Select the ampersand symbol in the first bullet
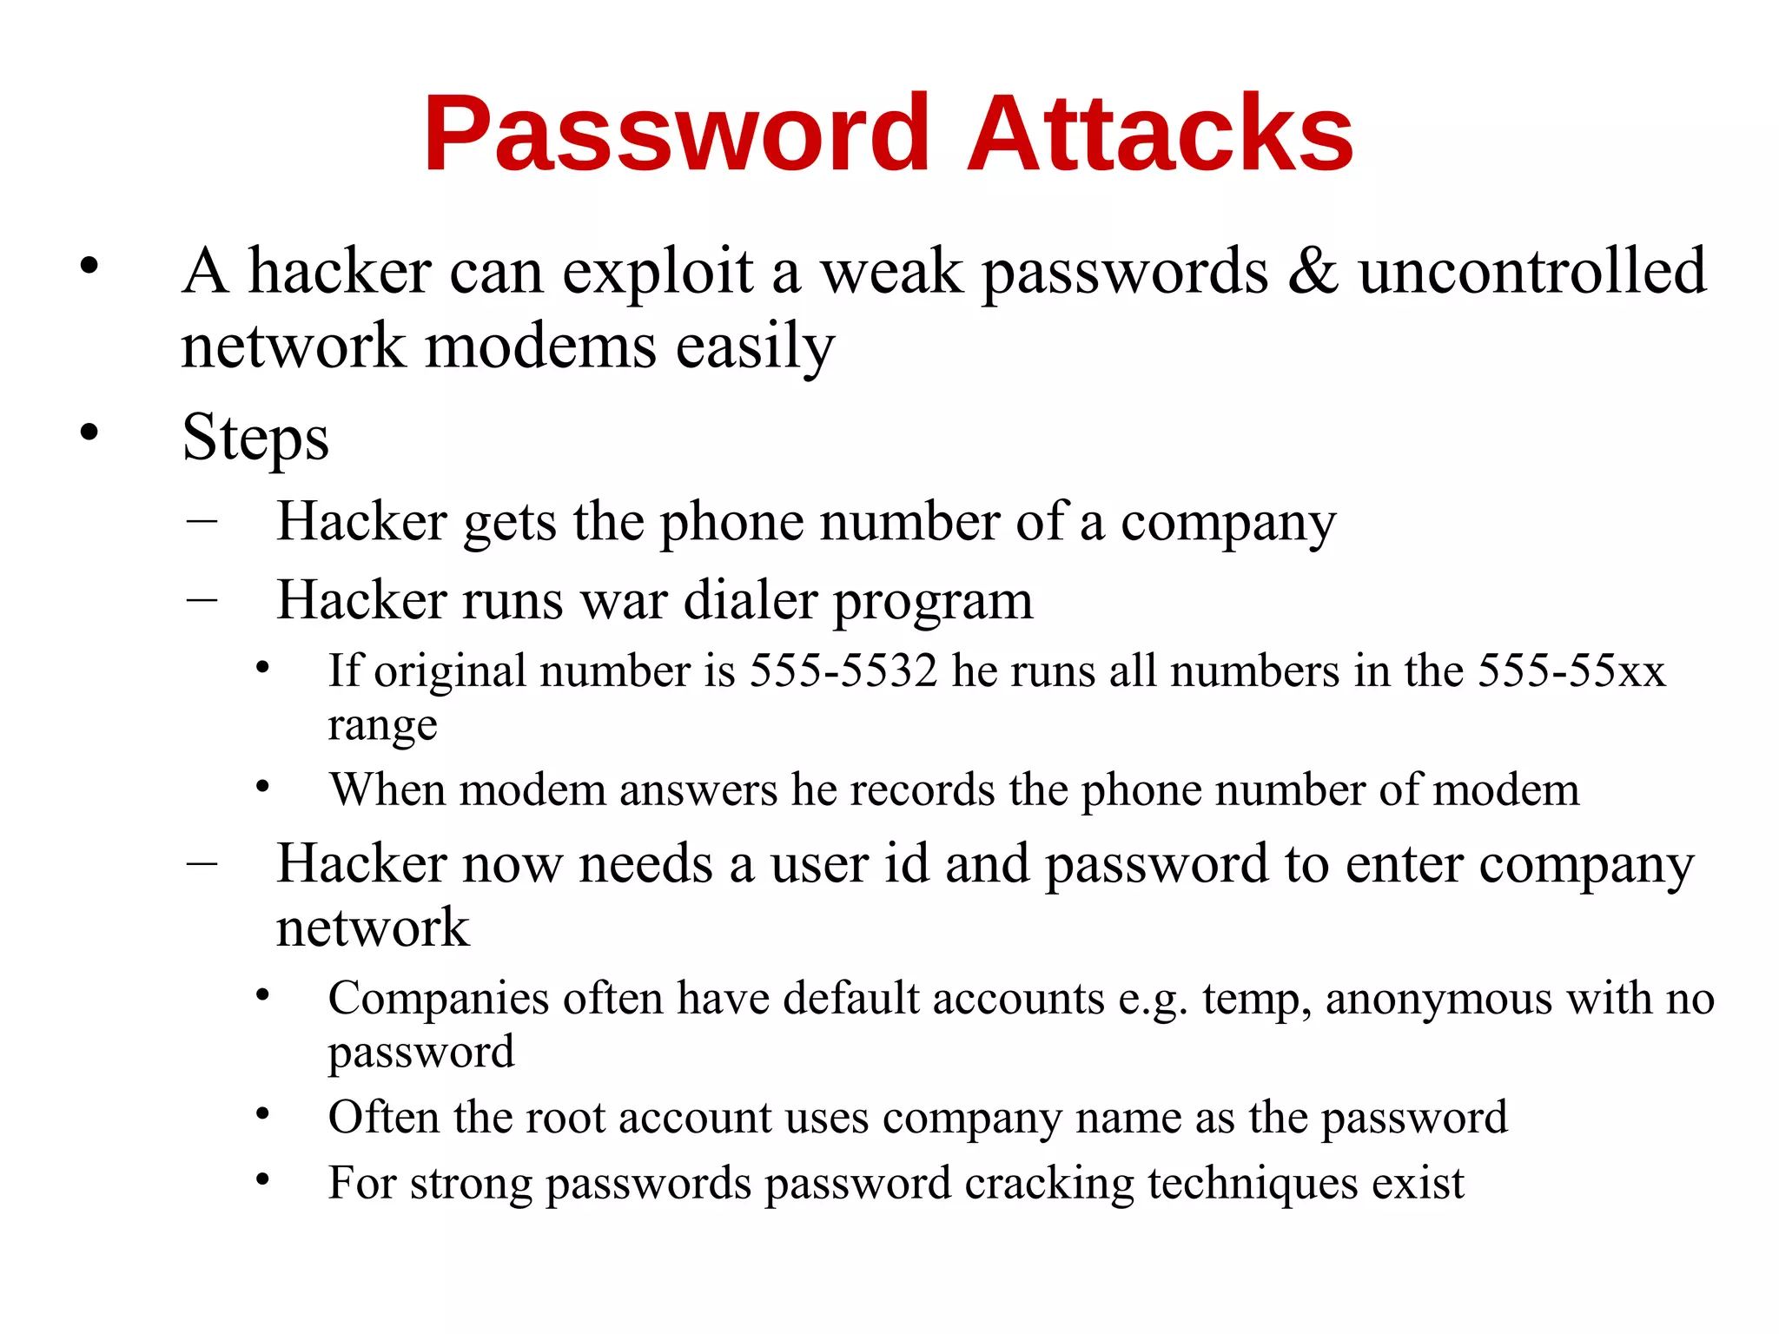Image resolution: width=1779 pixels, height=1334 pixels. [x=1313, y=272]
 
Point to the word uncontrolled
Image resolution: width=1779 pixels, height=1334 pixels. [x=1532, y=272]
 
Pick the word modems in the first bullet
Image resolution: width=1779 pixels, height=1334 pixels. [x=540, y=347]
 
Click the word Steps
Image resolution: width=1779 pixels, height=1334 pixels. [x=255, y=439]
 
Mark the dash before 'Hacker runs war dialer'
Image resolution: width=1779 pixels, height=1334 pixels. [x=202, y=600]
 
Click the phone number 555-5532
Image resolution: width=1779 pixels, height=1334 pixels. [x=843, y=671]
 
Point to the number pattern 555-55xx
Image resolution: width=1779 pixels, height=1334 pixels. [x=1571, y=671]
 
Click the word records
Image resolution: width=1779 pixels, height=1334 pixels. [x=922, y=790]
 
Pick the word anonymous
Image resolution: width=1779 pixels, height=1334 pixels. [x=1438, y=999]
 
